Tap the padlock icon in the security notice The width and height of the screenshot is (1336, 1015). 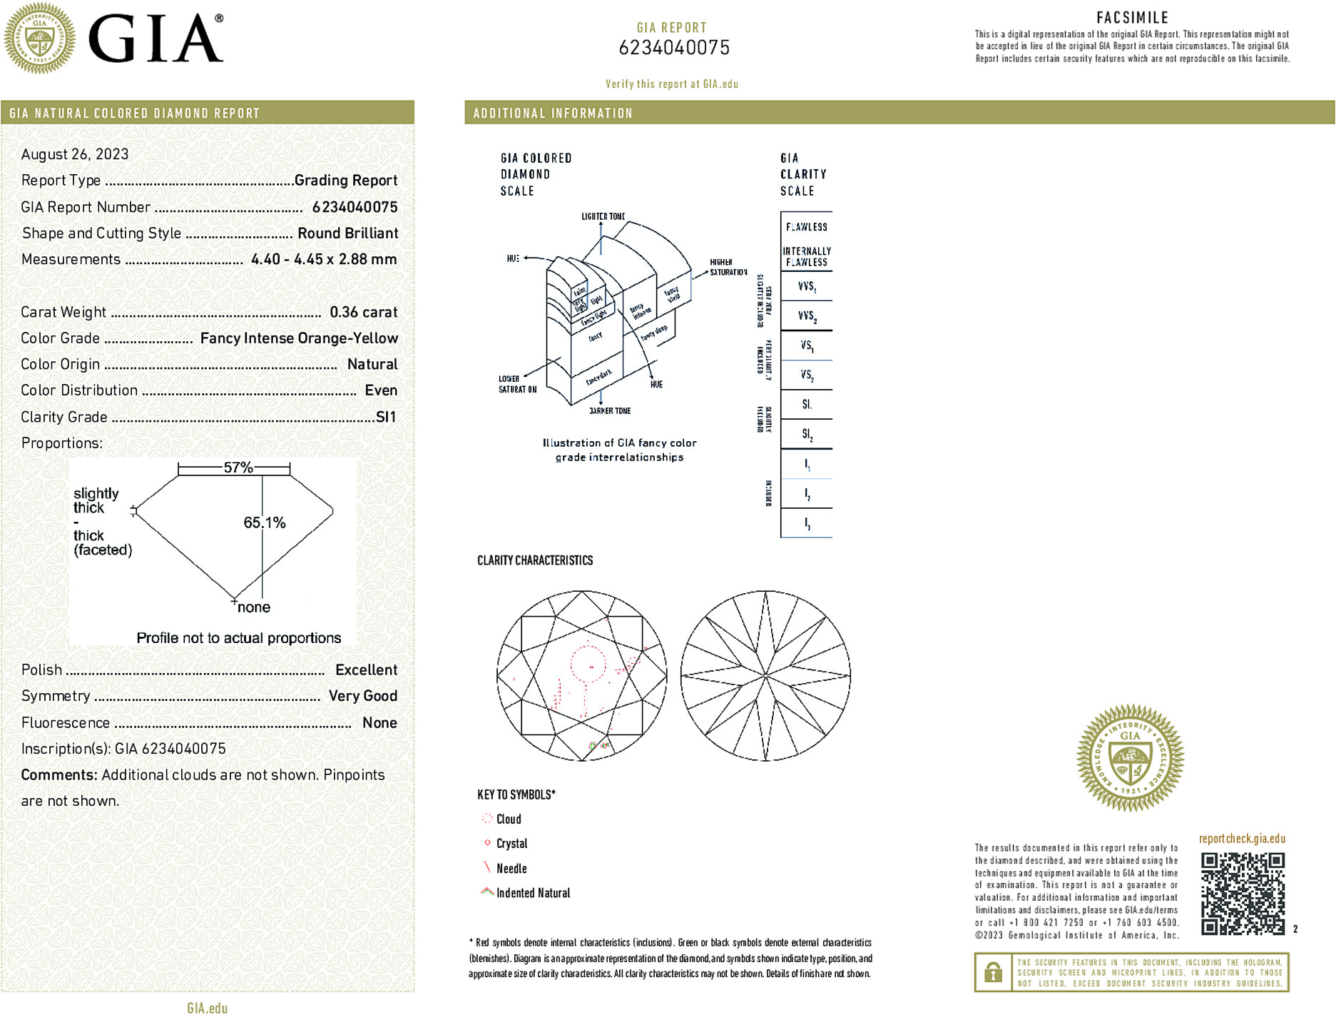tap(993, 972)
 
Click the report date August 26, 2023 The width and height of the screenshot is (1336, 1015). tap(75, 154)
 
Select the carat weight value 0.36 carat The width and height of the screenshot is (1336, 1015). tap(363, 312)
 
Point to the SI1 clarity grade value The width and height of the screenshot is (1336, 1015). tap(386, 417)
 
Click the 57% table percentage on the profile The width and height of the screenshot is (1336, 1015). tap(238, 468)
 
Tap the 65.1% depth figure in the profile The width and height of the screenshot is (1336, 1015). tap(264, 522)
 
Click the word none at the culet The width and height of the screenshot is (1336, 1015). tap(254, 607)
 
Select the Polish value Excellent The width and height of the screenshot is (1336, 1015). tap(366, 670)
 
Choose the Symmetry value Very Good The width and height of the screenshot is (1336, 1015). tap(362, 696)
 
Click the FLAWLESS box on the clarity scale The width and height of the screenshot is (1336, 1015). tap(807, 227)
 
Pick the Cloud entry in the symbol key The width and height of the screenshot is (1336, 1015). tap(509, 819)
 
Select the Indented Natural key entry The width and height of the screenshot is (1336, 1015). tap(533, 893)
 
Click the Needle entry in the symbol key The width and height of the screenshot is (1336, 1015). tap(511, 869)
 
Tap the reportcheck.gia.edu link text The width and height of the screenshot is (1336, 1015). tap(1242, 839)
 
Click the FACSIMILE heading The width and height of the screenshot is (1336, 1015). tap(1132, 18)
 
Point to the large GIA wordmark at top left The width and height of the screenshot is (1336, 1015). tap(155, 39)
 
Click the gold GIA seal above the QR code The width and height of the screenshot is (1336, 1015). tap(1130, 758)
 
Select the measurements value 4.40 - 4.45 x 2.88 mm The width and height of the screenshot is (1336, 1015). tap(324, 259)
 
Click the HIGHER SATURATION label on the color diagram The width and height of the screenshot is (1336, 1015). tap(728, 267)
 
